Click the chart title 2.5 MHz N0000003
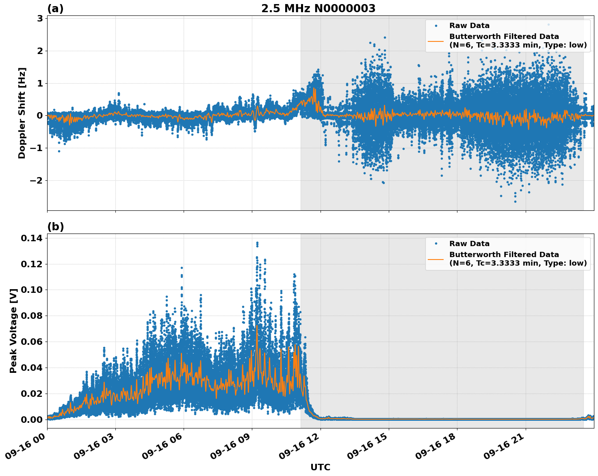(x=318, y=9)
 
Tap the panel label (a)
(x=55, y=9)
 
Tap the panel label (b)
(x=55, y=227)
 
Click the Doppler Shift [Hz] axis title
(x=22, y=113)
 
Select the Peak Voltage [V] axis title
(x=13, y=331)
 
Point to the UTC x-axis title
(x=320, y=467)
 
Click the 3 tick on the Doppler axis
(x=40, y=18)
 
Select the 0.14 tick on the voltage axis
(x=31, y=238)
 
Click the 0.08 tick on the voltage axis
(x=31, y=316)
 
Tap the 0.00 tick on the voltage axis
(x=31, y=420)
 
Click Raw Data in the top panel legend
(x=469, y=26)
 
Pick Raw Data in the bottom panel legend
(x=469, y=244)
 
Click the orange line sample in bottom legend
(x=435, y=259)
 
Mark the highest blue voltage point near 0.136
(x=257, y=243)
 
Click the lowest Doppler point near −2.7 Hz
(x=515, y=201)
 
